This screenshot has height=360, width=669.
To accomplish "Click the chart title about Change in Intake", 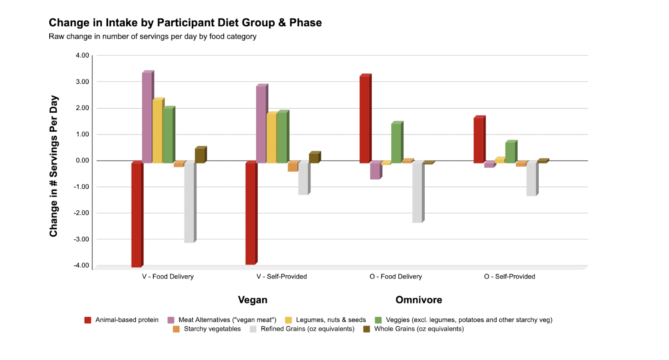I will [x=185, y=23].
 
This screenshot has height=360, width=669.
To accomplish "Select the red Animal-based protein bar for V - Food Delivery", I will [x=137, y=215].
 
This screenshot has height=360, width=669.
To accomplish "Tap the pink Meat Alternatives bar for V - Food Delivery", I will [x=147, y=117].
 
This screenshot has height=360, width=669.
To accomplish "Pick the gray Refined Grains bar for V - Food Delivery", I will [x=189, y=202].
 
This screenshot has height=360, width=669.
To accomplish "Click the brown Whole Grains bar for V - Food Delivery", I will [x=200, y=156].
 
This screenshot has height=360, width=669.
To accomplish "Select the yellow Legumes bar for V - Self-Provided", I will [x=271, y=138].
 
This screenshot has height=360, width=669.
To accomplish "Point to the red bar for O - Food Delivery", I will [x=364, y=119].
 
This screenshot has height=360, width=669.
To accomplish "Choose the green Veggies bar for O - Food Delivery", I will [x=396, y=143].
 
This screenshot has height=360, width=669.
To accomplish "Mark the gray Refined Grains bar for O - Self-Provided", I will [x=531, y=179].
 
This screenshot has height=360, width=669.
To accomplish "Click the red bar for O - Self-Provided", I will [x=479, y=140].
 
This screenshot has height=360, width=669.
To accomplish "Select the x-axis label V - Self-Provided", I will [x=282, y=277].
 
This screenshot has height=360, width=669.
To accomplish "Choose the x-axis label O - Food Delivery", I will [x=396, y=277].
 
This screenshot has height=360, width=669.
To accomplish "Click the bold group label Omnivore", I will [x=419, y=300].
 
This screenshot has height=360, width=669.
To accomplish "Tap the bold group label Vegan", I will [x=253, y=300].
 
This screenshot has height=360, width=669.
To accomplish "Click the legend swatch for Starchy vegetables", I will [x=176, y=329].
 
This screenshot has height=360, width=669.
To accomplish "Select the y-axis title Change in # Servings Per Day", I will [x=54, y=166].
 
